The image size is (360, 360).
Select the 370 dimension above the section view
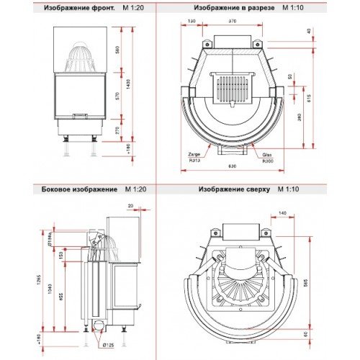tap(232, 22)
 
